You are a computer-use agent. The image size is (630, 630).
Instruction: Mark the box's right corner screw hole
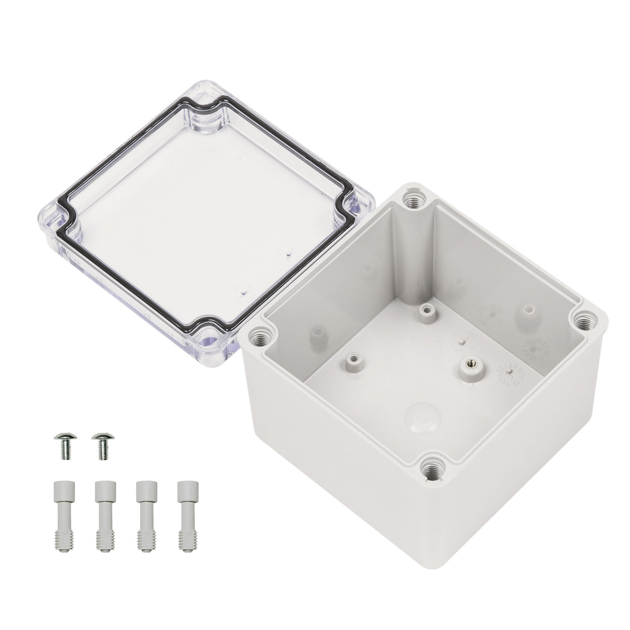(x=586, y=321)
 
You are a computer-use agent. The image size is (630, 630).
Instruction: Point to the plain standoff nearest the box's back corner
(x=427, y=312)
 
